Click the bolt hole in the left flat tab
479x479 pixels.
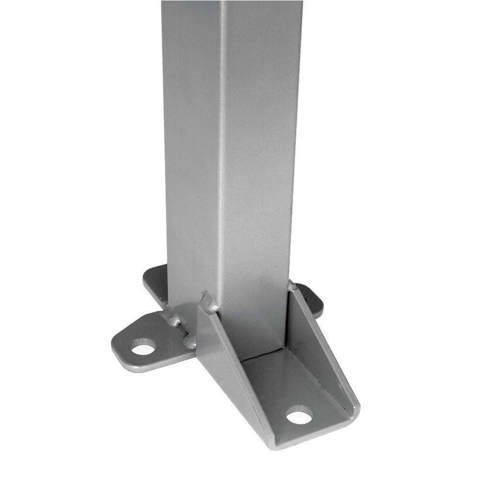(x=143, y=347)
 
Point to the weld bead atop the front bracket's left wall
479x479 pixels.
(x=209, y=302)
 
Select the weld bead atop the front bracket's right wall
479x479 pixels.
(x=291, y=286)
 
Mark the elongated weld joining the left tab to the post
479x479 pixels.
(x=172, y=317)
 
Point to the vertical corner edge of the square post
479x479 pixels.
(x=221, y=144)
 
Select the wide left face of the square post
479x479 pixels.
(x=192, y=144)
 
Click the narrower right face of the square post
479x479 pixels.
(x=261, y=144)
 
